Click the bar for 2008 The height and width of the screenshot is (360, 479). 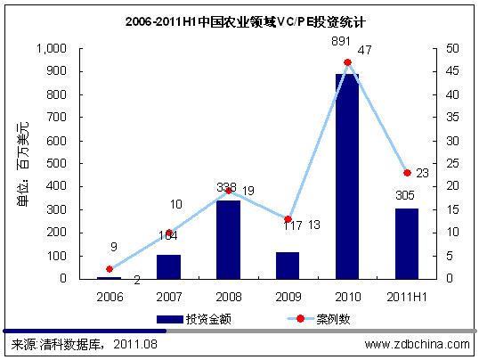pyautogui.click(x=229, y=240)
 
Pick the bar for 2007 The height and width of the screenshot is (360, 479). pyautogui.click(x=169, y=266)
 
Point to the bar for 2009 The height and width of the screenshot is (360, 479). pyautogui.click(x=288, y=265)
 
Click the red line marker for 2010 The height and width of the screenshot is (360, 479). pyautogui.click(x=347, y=62)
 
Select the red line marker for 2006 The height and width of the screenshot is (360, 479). pyautogui.click(x=110, y=269)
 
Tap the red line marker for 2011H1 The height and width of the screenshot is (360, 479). pyautogui.click(x=406, y=173)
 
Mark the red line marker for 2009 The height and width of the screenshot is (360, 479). pyautogui.click(x=288, y=219)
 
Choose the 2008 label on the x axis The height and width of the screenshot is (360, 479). pyautogui.click(x=229, y=295)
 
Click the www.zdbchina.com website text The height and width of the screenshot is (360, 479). pyautogui.click(x=418, y=343)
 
